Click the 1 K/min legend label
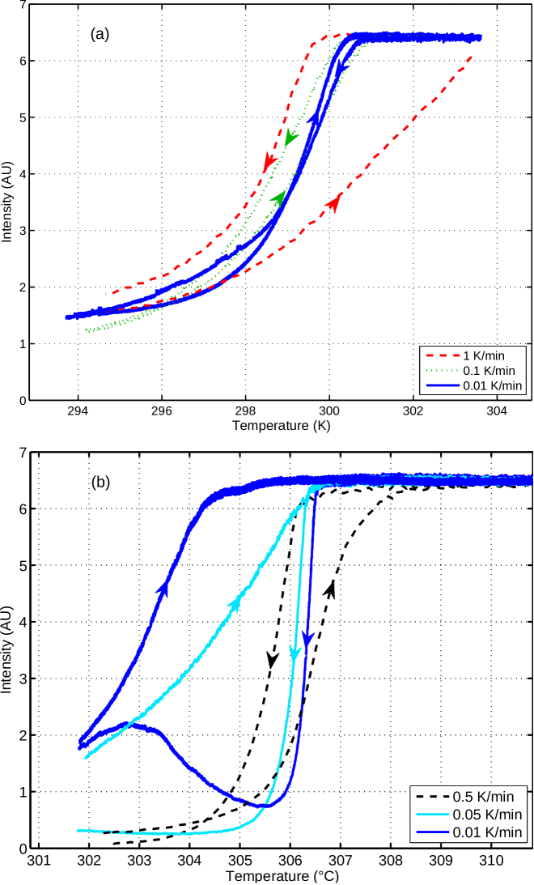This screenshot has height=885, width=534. pyautogui.click(x=484, y=355)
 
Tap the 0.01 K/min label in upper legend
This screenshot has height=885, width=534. pyautogui.click(x=493, y=385)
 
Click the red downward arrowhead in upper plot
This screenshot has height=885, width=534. pyautogui.click(x=269, y=164)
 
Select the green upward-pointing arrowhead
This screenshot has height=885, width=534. pyautogui.click(x=278, y=198)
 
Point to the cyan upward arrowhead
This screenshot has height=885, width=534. pyautogui.click(x=237, y=602)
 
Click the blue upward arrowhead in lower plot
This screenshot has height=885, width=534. pyautogui.click(x=164, y=588)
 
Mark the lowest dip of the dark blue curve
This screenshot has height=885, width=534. pyautogui.click(x=261, y=805)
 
